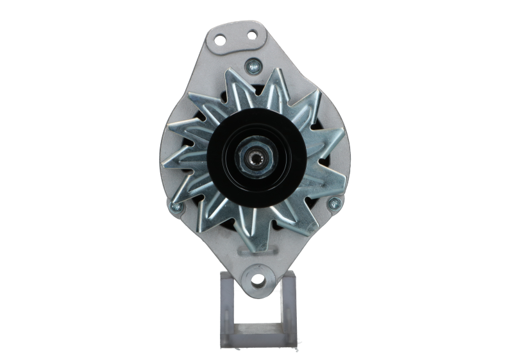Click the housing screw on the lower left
172,207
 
